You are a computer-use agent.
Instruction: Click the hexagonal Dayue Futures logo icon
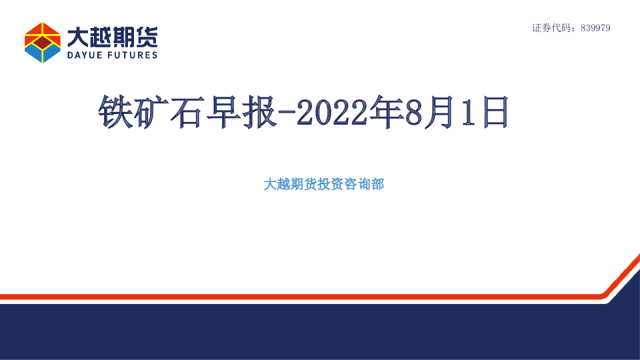coord(43,42)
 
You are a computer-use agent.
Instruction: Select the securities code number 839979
coord(595,28)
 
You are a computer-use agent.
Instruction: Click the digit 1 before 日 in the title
coord(469,112)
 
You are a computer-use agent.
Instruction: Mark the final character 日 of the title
coord(494,112)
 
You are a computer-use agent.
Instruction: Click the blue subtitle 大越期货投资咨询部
coord(323,185)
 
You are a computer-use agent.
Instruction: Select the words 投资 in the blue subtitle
coord(330,185)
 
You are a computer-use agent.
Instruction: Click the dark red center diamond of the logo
coord(43,43)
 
